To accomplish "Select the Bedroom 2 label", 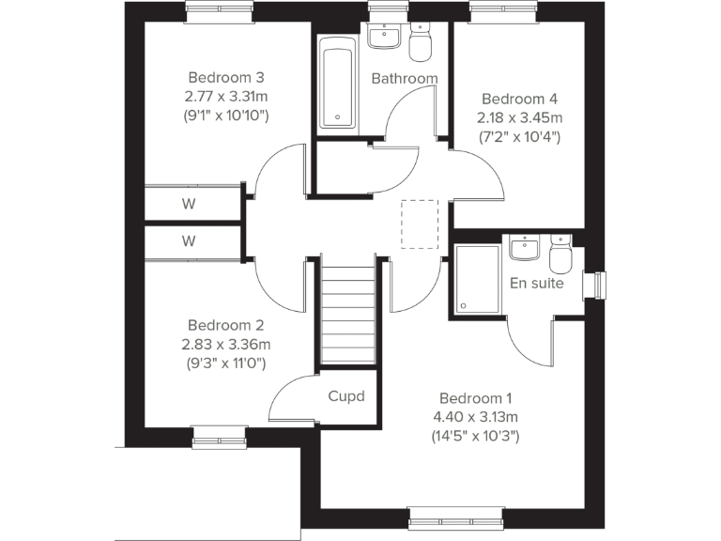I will point(225,324).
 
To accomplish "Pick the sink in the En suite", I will point(524,248).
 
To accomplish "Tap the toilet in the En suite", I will point(560,255).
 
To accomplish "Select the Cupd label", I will point(346,396).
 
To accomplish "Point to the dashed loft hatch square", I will point(420,224).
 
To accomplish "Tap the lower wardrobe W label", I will point(189,241).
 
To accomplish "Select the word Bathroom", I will point(405,78).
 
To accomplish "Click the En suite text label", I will point(537,283).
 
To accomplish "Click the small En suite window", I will point(596,284).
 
